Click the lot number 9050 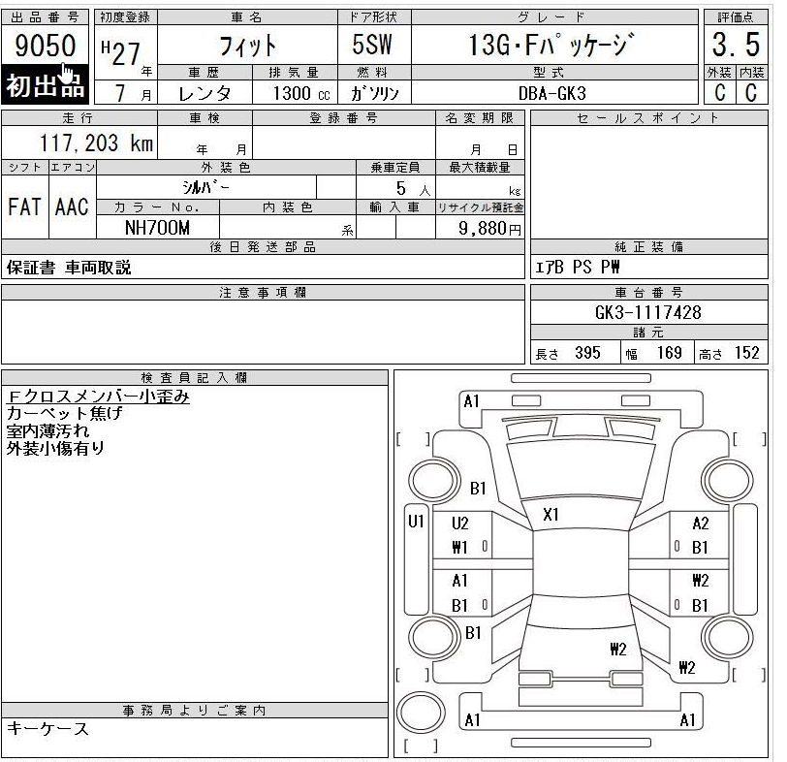tap(46, 46)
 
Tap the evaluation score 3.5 tap(736, 45)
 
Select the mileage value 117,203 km tap(96, 143)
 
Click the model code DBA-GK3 tap(552, 93)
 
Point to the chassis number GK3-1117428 tap(648, 312)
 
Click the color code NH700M tap(157, 228)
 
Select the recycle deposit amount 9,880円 tap(489, 229)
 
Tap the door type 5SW tap(372, 45)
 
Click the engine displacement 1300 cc tap(301, 93)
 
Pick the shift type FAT tap(24, 206)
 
